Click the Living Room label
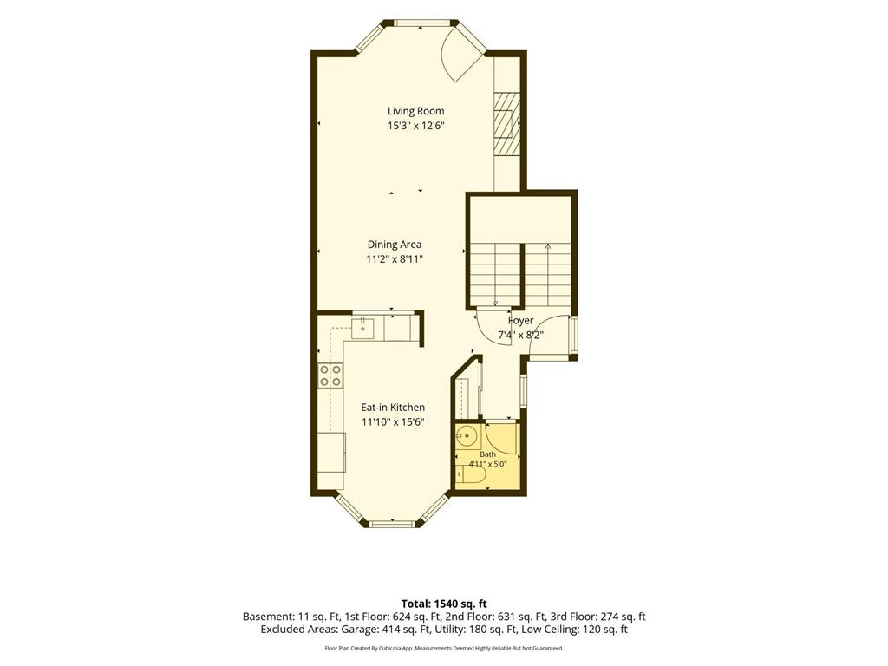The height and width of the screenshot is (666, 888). [415, 111]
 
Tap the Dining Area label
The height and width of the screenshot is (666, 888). [395, 245]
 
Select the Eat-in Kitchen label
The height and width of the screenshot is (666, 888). [393, 408]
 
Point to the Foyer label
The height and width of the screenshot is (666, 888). [520, 321]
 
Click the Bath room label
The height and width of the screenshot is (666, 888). [487, 454]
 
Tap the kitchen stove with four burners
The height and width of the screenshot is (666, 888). [330, 375]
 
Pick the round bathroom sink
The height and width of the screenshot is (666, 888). [467, 436]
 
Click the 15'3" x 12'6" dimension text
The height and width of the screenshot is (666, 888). [415, 126]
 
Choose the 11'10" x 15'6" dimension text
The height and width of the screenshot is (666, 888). [393, 422]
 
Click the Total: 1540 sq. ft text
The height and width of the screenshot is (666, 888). [444, 604]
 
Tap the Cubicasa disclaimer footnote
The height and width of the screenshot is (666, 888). [444, 648]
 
